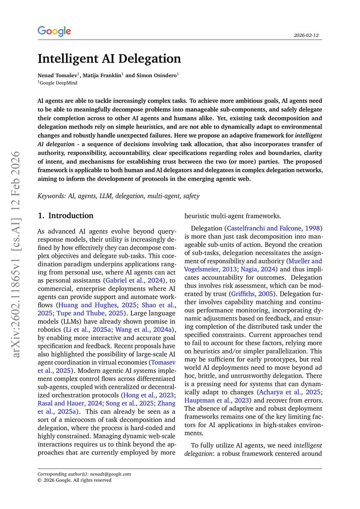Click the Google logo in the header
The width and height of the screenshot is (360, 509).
(54, 31)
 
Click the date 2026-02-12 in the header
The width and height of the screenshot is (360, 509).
(306, 35)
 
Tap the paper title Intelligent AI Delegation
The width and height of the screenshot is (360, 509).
(109, 59)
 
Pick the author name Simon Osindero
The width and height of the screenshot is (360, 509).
(156, 76)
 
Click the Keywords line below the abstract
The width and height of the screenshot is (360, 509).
(118, 196)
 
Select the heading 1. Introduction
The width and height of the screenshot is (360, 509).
(66, 215)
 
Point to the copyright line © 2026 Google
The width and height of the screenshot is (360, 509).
(74, 480)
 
